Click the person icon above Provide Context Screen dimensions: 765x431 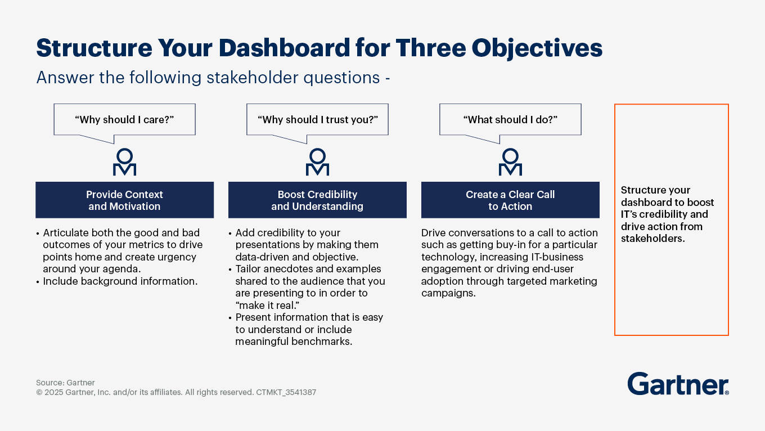[x=125, y=162]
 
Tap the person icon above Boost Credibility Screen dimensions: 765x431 [x=318, y=162]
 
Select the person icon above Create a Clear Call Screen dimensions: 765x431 [x=510, y=162]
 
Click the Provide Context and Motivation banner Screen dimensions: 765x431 [x=125, y=200]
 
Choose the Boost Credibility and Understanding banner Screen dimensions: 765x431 [x=318, y=200]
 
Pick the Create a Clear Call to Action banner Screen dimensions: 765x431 [x=510, y=200]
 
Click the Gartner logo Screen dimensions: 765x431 [x=678, y=384]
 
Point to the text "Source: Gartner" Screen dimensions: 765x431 [x=66, y=383]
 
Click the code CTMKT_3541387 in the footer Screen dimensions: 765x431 [x=286, y=392]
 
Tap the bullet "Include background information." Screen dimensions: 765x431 [x=117, y=281]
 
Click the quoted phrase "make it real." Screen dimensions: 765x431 [x=267, y=306]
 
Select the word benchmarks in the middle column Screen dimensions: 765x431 [x=322, y=342]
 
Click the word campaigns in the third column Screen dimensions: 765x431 [x=448, y=293]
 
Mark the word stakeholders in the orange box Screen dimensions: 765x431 [x=653, y=239]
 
